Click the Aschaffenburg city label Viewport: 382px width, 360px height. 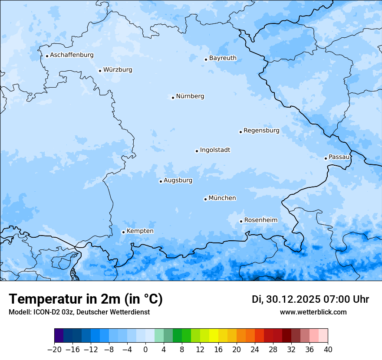[72, 55]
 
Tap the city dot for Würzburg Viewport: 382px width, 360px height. [100, 71]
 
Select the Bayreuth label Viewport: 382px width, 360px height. [223, 58]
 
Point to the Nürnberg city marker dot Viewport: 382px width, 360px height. [173, 98]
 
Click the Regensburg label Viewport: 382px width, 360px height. [261, 131]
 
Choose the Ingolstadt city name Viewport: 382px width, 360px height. [215, 150]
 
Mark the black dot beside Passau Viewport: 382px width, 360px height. [326, 158]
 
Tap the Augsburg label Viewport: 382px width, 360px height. [178, 180]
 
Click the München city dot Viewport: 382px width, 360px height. [205, 199]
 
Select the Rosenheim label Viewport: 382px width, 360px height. [260, 220]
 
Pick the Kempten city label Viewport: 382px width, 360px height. [140, 231]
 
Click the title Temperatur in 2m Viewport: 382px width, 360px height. [86, 299]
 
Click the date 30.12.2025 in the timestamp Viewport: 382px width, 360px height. [291, 299]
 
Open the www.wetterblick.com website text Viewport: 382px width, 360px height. [313, 312]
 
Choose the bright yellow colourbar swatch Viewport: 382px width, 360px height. [214, 336]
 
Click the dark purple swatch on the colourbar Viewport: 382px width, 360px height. [59, 336]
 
